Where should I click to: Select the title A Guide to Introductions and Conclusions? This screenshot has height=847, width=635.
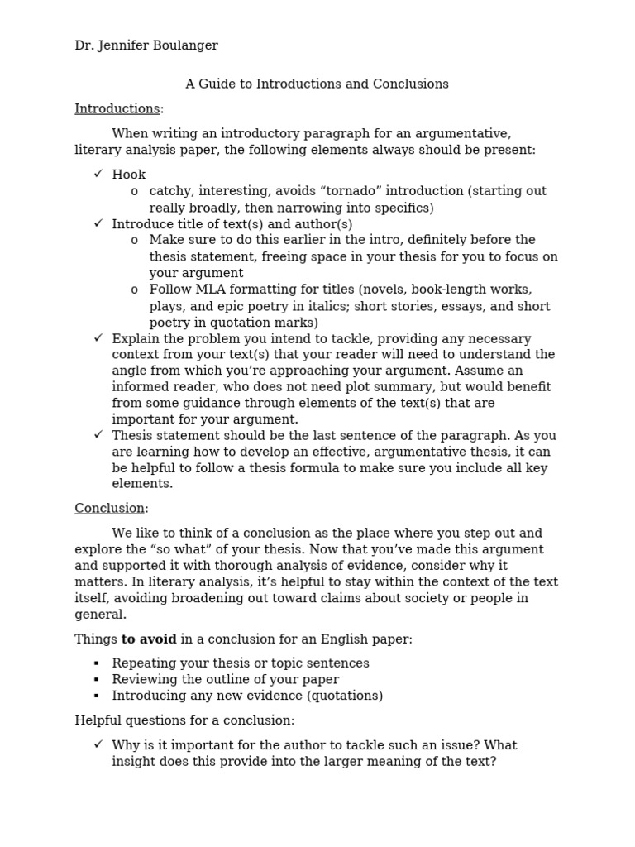click(317, 84)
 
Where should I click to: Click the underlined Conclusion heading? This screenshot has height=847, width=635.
click(110, 509)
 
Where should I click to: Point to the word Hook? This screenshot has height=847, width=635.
click(129, 175)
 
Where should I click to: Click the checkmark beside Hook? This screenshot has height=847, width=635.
click(98, 175)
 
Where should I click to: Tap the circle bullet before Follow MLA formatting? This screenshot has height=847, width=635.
click(134, 290)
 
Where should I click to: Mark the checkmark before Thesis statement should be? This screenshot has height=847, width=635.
click(98, 435)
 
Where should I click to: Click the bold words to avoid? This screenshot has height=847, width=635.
click(150, 639)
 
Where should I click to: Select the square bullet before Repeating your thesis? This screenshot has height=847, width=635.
click(97, 663)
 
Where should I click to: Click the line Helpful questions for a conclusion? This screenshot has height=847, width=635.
click(184, 721)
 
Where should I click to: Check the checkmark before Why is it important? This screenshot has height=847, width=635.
click(98, 744)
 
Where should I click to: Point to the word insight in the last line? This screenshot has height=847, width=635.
click(132, 761)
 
